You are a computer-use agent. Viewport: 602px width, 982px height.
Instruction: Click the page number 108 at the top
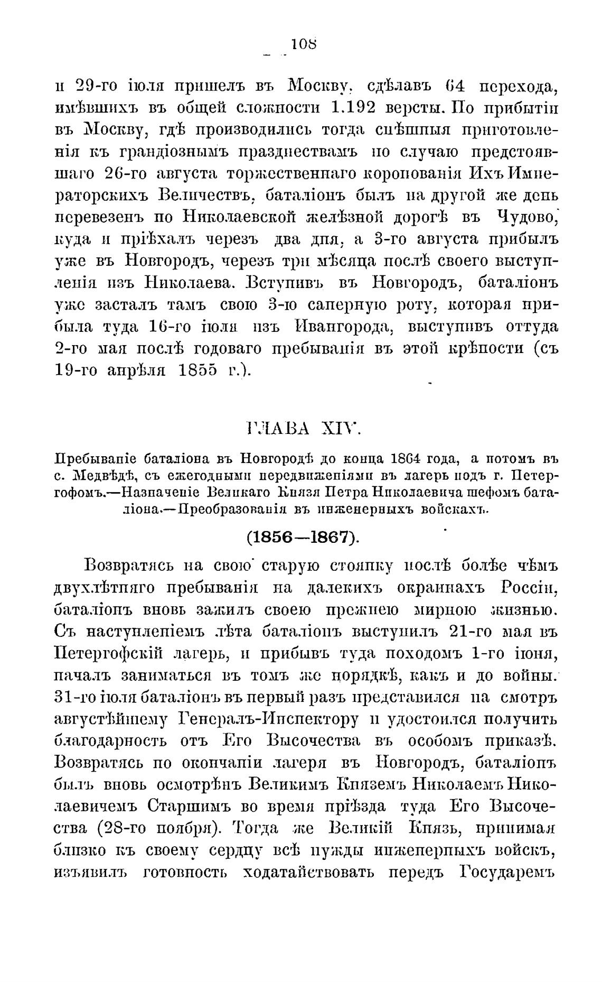pos(303,44)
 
